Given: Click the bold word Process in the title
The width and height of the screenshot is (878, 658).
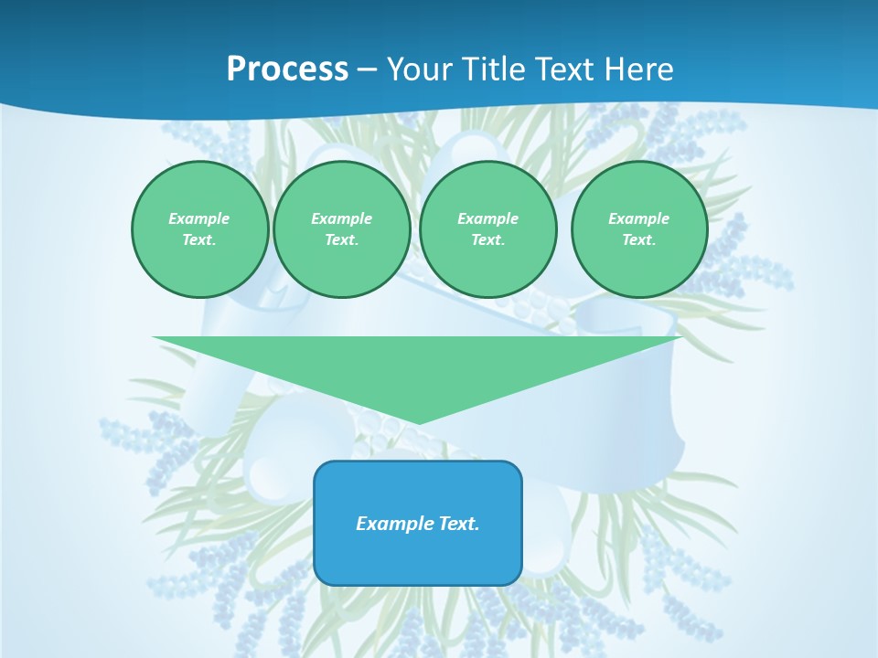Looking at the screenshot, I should click(287, 69).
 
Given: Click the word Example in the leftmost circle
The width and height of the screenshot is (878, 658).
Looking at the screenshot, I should click(199, 218).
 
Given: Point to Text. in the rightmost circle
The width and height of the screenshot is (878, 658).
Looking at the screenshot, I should click(638, 239).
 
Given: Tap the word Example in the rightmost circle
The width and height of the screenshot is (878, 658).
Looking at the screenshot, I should click(638, 218).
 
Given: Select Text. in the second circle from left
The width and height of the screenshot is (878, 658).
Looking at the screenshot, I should click(341, 239).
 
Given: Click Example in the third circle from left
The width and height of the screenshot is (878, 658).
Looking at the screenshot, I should click(487, 218).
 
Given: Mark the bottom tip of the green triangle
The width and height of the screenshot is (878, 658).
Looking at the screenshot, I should click(418, 422).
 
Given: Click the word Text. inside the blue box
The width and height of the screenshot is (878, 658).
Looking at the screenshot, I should click(459, 524).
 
